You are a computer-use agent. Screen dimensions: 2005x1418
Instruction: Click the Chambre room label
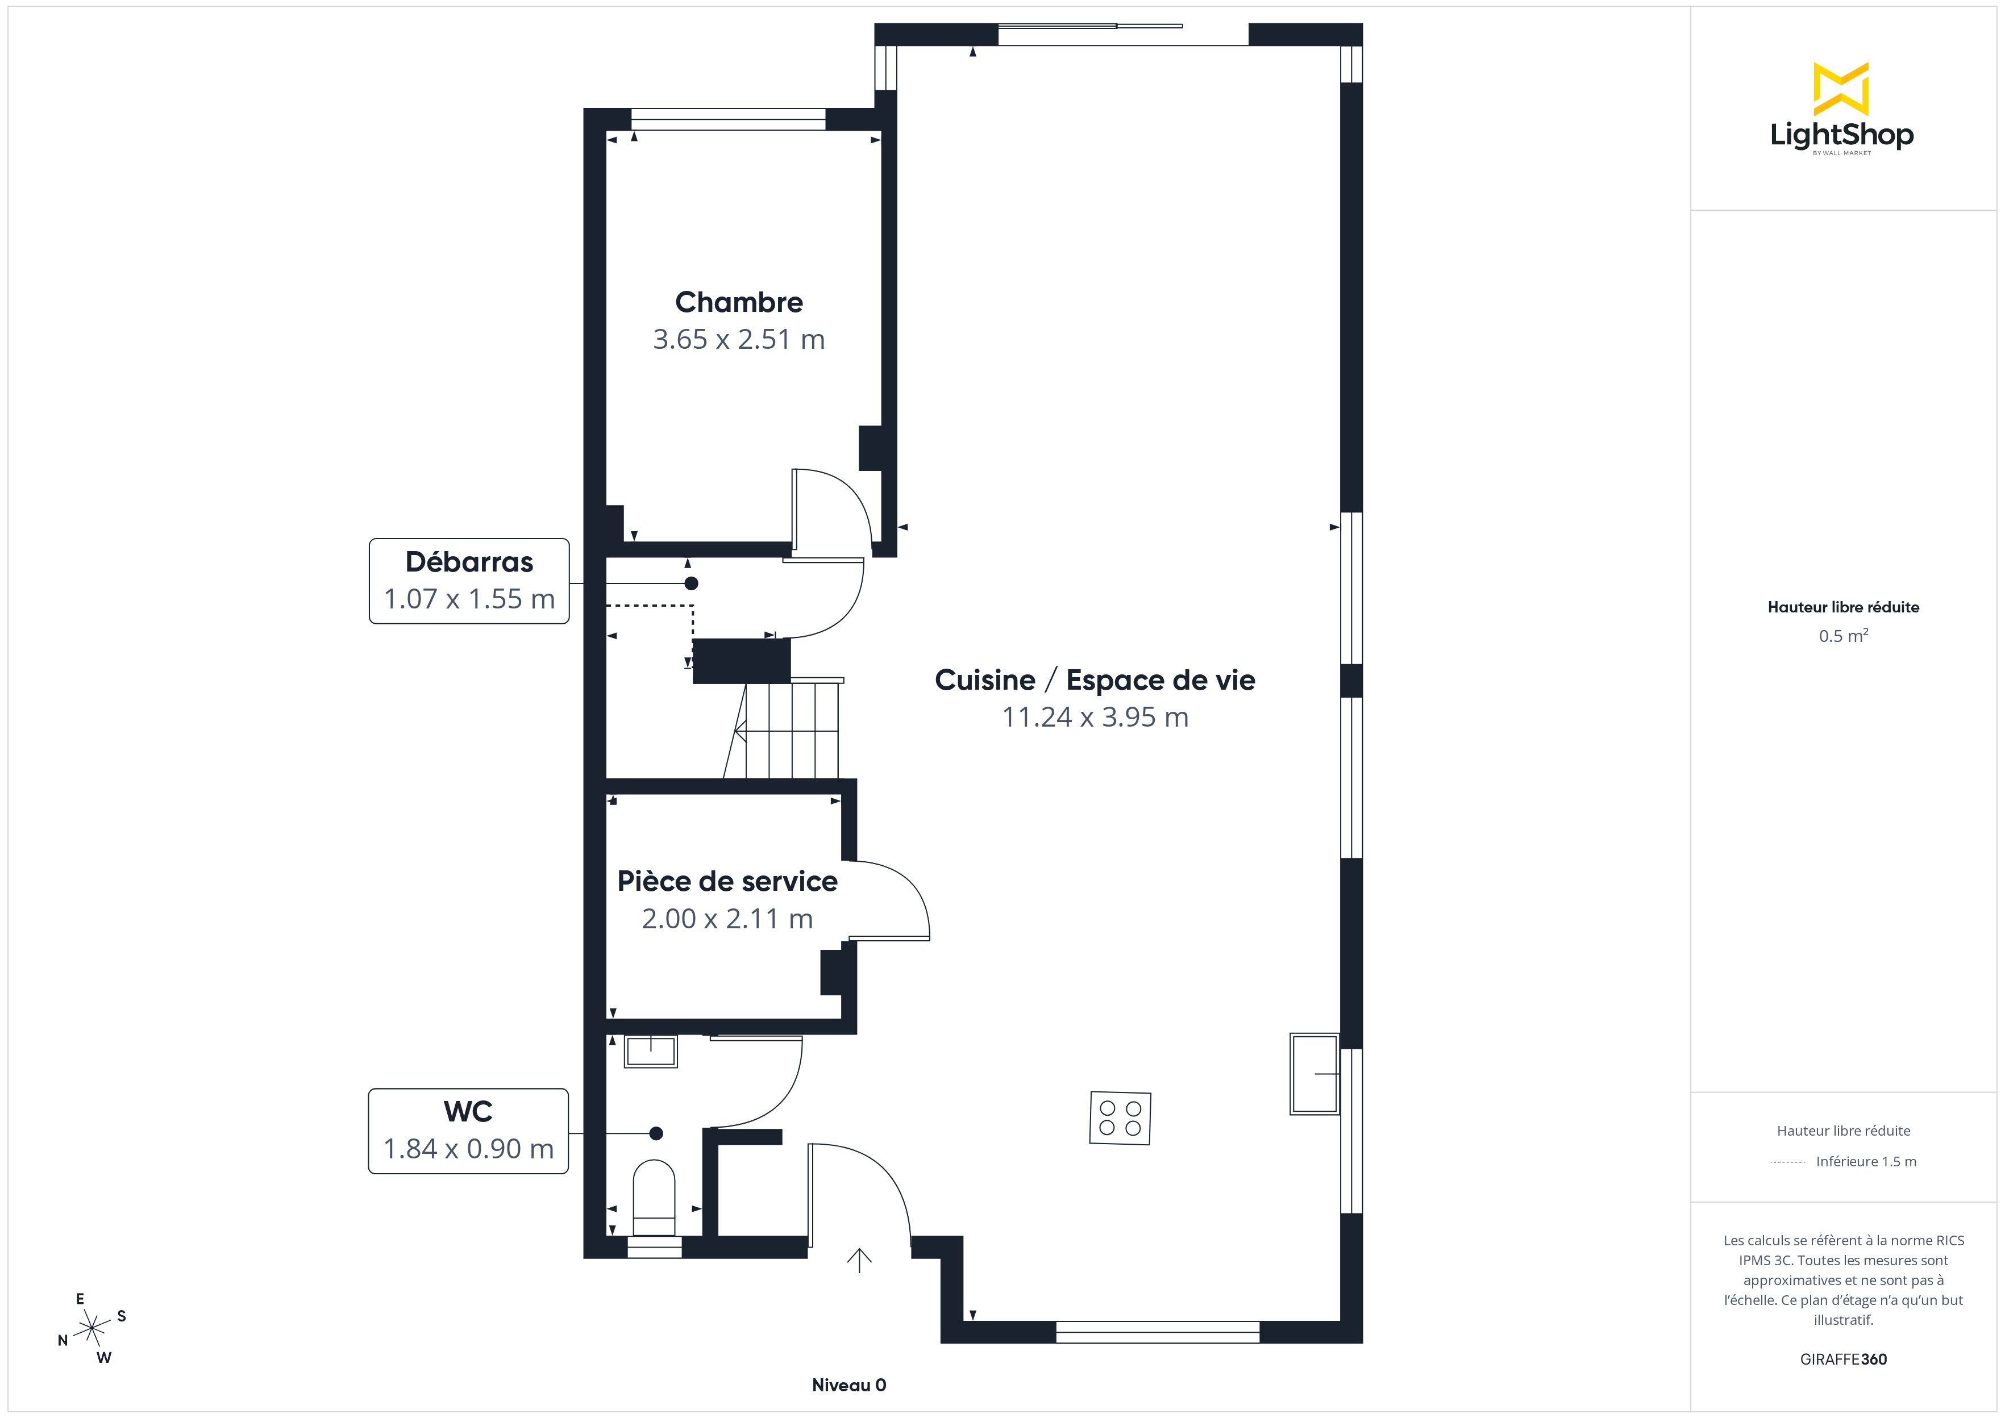tap(739, 302)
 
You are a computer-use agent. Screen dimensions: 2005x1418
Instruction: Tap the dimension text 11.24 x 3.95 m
tap(1095, 717)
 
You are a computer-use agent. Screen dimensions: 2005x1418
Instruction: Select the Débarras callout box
tap(469, 581)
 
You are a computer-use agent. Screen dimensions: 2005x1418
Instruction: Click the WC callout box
tap(468, 1131)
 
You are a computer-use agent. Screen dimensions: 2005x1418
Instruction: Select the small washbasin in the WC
tap(651, 1050)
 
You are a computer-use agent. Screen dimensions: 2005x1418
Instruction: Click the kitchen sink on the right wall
tap(1315, 1074)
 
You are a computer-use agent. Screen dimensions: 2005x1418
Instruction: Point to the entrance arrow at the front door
tap(859, 1260)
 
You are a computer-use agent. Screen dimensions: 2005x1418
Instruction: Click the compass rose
tap(91, 1329)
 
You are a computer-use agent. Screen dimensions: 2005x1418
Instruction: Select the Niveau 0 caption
tap(849, 1385)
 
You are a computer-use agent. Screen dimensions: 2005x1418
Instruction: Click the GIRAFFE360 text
tap(1844, 1359)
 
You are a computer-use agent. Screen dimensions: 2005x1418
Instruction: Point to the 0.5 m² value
tap(1844, 636)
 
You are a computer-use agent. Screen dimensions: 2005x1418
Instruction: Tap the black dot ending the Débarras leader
tap(690, 583)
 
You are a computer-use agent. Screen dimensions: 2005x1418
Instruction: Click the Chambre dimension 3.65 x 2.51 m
tap(739, 339)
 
